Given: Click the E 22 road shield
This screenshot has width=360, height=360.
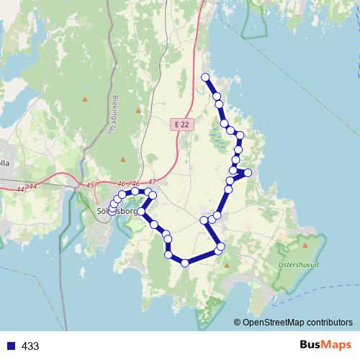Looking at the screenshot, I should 183,125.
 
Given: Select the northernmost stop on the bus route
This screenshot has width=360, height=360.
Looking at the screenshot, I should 205,77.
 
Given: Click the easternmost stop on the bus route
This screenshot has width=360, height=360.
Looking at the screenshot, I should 248,173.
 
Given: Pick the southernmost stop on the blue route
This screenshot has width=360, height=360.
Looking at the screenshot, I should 185,263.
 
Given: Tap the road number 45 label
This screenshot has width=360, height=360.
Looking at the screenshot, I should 89,186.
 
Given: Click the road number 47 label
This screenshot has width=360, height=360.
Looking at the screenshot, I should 151,183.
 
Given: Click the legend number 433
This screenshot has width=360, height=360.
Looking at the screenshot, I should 30,346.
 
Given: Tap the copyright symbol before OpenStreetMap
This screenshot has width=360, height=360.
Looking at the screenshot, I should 237,322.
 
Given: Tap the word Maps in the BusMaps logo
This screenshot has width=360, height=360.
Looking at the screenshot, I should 336,346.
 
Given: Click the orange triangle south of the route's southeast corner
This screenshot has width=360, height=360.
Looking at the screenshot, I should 227,266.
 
